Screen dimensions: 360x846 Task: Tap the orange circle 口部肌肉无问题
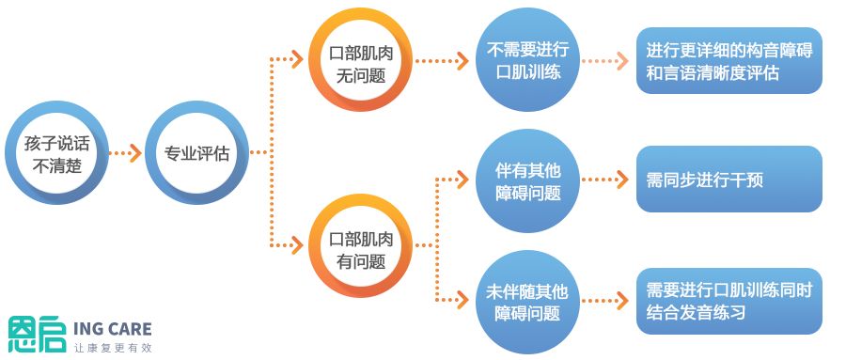click(x=361, y=63)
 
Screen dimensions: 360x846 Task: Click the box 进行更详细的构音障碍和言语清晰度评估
click(x=729, y=61)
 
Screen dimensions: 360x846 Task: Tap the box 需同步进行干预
click(x=729, y=180)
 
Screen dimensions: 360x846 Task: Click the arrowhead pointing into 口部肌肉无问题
click(x=298, y=61)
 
